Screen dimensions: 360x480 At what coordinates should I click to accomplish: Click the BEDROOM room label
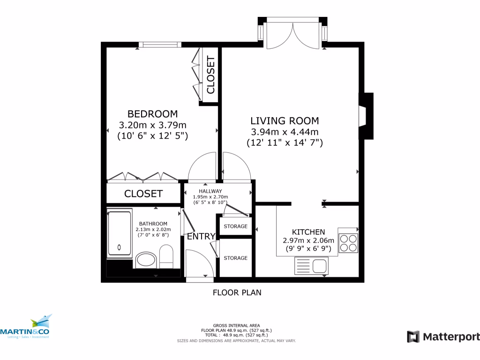coord(152,114)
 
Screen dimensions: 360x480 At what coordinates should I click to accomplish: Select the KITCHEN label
coord(308,232)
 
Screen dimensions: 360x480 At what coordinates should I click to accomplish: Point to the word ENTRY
coord(201,236)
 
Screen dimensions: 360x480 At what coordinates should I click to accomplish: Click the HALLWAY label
coord(210,191)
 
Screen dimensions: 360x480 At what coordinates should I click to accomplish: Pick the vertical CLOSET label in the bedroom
coord(210,75)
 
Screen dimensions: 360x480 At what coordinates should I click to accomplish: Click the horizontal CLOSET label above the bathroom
coord(143,194)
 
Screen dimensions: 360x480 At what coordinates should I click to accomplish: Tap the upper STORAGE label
coord(235,226)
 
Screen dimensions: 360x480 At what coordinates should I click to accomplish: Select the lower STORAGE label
coord(235,258)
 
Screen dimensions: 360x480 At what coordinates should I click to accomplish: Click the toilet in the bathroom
coord(166,256)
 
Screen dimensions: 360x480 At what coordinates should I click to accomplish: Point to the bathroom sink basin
coord(146,260)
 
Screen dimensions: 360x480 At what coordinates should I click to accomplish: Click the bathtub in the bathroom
coord(120,233)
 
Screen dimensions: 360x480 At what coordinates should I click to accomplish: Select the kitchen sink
coord(311,267)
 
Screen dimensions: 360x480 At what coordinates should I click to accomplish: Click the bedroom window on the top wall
coord(160,45)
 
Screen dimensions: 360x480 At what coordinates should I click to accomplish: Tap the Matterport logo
coord(443,337)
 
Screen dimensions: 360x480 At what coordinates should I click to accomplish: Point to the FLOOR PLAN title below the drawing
coord(237,292)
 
